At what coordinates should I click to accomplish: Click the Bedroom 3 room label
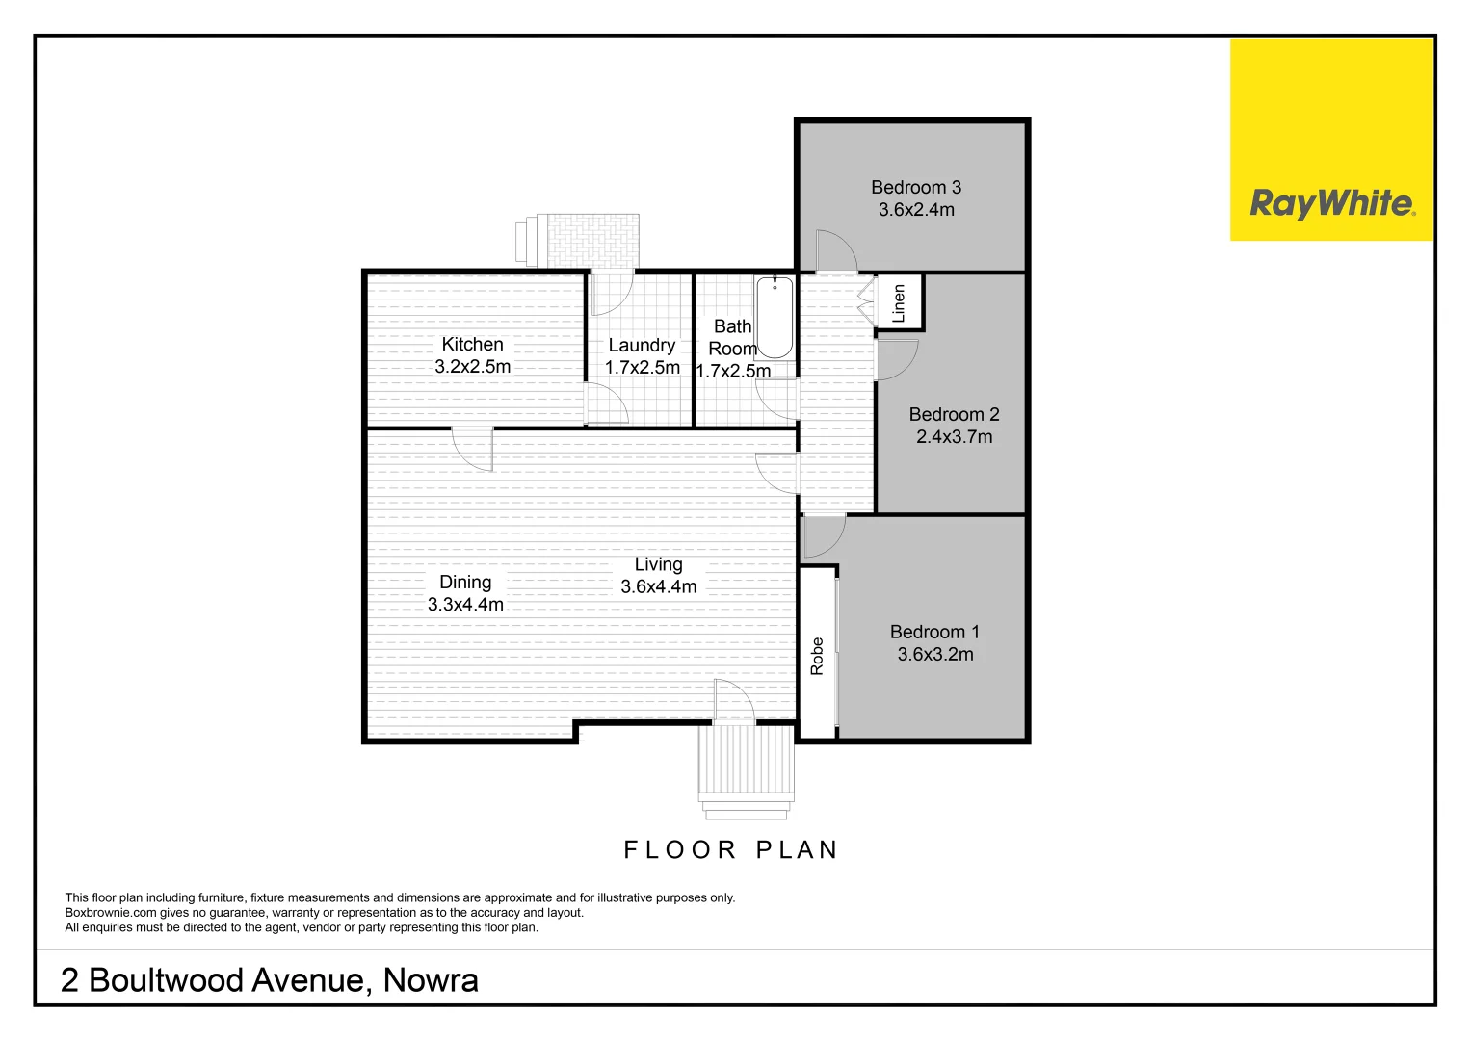point(915,188)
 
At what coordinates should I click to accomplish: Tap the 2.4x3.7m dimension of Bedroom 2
point(954,437)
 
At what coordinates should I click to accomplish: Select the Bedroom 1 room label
point(934,632)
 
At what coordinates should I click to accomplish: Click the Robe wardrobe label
point(817,656)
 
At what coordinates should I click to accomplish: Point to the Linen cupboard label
point(899,303)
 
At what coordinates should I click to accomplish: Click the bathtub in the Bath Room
point(775,317)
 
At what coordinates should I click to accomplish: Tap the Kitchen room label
point(472,344)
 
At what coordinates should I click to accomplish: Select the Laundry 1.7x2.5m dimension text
point(642,368)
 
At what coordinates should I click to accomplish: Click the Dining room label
point(465,582)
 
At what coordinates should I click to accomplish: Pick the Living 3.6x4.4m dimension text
point(658,586)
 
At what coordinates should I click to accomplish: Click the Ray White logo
point(1331,203)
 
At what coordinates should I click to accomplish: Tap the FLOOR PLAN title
point(731,849)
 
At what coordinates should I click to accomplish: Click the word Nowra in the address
point(431,980)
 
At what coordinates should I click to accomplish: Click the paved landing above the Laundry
point(592,240)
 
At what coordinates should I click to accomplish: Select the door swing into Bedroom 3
point(834,250)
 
